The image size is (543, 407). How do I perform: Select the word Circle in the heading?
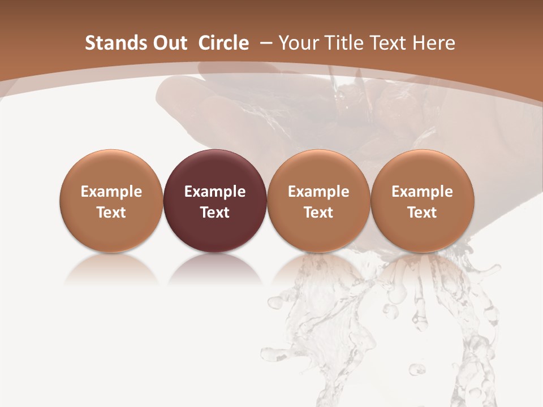223,43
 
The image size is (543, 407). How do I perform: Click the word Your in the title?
296,43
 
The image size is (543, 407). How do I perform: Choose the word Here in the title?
433,43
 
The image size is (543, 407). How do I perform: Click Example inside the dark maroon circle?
215,192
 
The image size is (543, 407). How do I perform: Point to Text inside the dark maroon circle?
215,213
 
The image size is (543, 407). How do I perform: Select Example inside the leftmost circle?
111,192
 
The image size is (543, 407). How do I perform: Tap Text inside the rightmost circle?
422,213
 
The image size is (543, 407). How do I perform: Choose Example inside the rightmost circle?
422,192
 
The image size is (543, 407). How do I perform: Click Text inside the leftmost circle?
111,213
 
